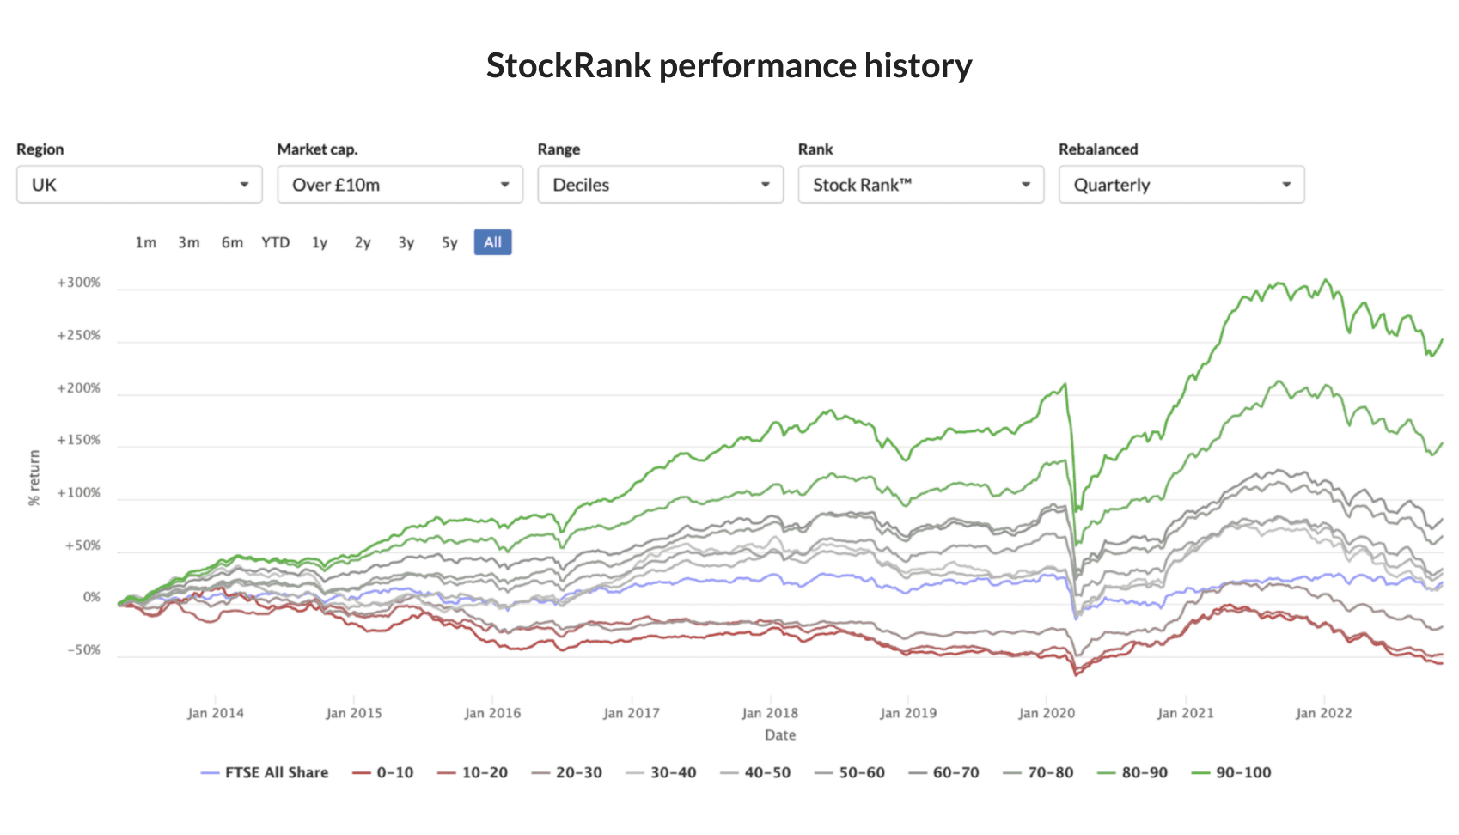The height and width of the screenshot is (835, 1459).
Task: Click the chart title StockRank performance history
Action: pyautogui.click(x=729, y=66)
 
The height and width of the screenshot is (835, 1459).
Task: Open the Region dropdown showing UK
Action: pyautogui.click(x=139, y=185)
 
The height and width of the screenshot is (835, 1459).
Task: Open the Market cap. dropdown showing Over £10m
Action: pyautogui.click(x=400, y=185)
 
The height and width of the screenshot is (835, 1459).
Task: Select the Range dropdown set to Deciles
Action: pyautogui.click(x=660, y=185)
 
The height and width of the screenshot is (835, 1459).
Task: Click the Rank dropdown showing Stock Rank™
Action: pyautogui.click(x=920, y=185)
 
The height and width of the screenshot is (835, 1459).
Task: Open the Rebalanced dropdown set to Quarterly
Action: pyautogui.click(x=1181, y=185)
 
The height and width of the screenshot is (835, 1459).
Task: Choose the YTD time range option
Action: pyautogui.click(x=275, y=242)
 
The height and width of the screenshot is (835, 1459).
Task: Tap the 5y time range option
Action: pyautogui.click(x=449, y=242)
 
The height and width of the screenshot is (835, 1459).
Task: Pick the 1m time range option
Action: pyautogui.click(x=145, y=242)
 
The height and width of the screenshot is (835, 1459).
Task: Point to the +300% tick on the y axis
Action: pyautogui.click(x=79, y=283)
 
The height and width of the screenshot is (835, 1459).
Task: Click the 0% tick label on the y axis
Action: pyautogui.click(x=91, y=598)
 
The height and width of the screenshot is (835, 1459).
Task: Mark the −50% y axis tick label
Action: pyautogui.click(x=84, y=650)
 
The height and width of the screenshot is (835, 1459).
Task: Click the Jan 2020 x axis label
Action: pyautogui.click(x=1046, y=713)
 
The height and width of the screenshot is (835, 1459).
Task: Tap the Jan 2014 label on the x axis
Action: pyautogui.click(x=215, y=713)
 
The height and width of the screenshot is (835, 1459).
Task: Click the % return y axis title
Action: pyautogui.click(x=34, y=478)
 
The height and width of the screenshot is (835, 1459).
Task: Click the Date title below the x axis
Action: pyautogui.click(x=780, y=735)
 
